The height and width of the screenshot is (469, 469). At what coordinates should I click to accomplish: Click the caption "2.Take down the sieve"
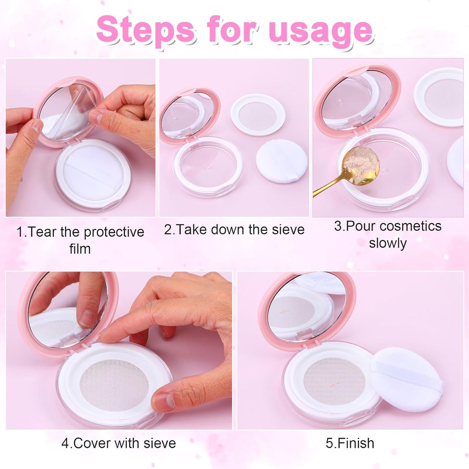tap(234, 229)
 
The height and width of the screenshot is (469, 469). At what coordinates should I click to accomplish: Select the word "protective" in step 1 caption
tap(114, 232)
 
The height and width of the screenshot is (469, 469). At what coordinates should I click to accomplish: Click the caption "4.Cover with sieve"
tap(118, 443)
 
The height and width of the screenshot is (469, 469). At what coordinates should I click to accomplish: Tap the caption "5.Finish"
tap(350, 443)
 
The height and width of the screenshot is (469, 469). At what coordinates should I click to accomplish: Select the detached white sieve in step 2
tap(258, 114)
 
